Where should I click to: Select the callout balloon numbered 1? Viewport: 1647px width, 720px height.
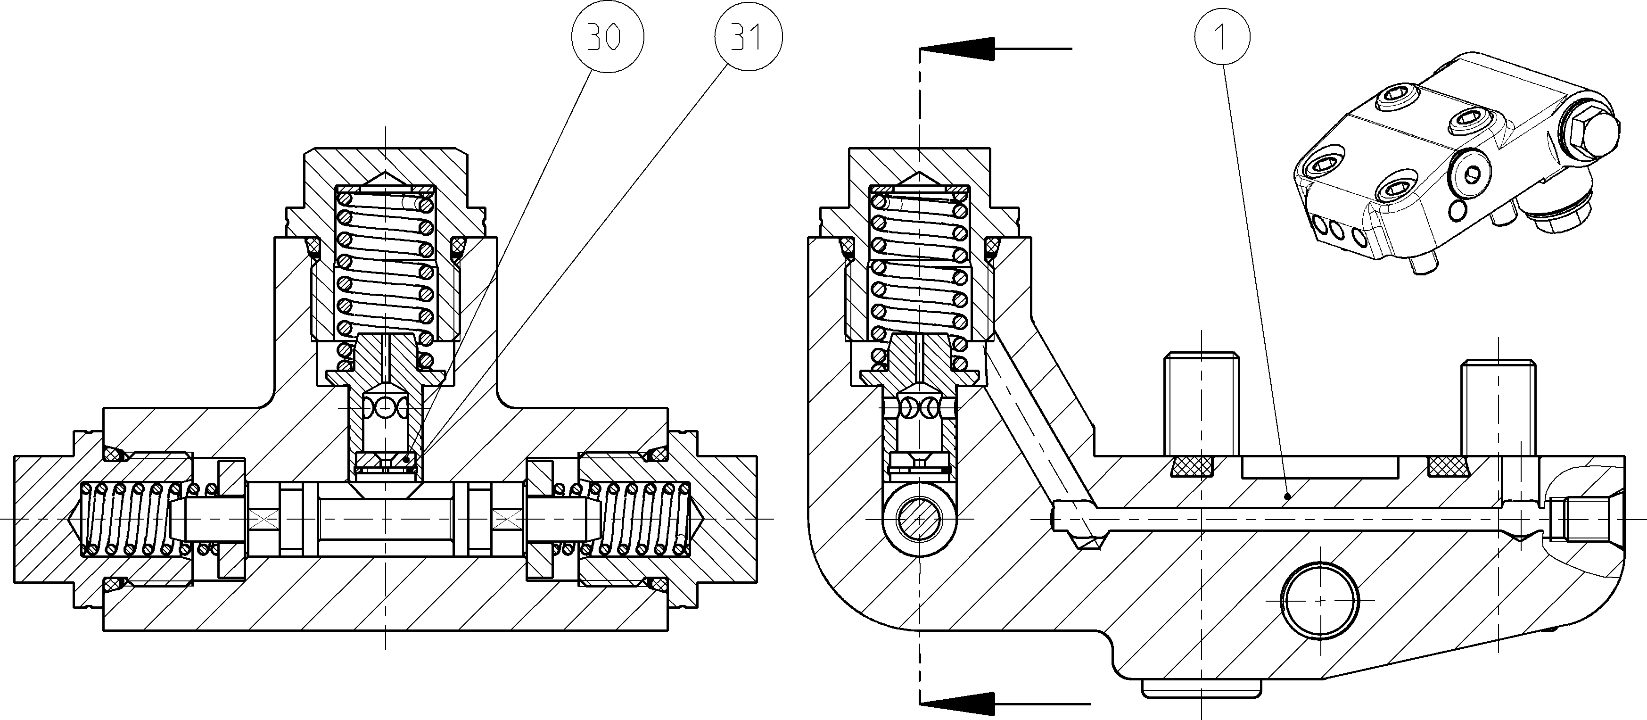[1221, 38]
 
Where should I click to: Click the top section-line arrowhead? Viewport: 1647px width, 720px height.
[957, 49]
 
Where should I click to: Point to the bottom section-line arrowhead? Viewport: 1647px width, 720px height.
[957, 704]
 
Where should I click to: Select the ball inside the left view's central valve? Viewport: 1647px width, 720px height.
[386, 406]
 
